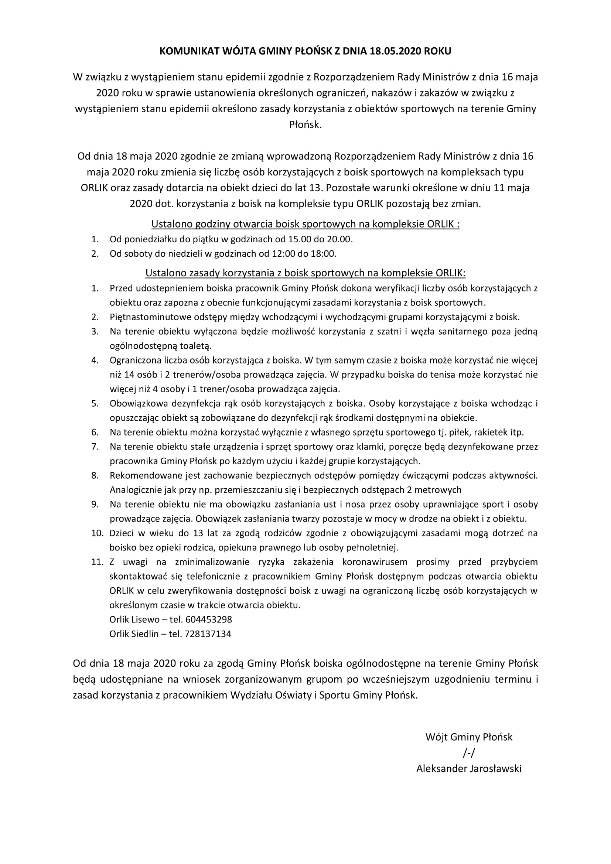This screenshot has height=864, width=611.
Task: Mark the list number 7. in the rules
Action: click(95, 447)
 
